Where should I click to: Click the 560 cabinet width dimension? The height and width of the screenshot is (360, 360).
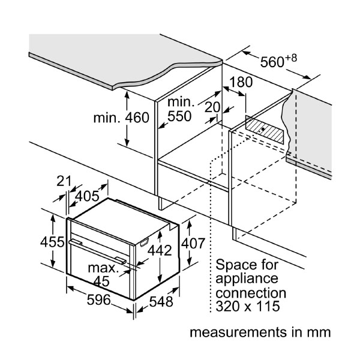278,62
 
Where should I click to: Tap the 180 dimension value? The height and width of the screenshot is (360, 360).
240,82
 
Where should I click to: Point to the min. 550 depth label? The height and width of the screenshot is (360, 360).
179,109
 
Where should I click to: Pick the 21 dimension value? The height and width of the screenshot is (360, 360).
64,181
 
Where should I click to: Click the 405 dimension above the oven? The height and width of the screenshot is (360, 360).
87,196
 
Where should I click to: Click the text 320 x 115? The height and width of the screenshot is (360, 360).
248,308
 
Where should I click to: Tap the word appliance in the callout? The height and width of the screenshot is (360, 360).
247,279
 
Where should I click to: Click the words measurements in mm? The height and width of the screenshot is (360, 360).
260,332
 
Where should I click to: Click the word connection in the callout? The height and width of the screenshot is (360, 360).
251,293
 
